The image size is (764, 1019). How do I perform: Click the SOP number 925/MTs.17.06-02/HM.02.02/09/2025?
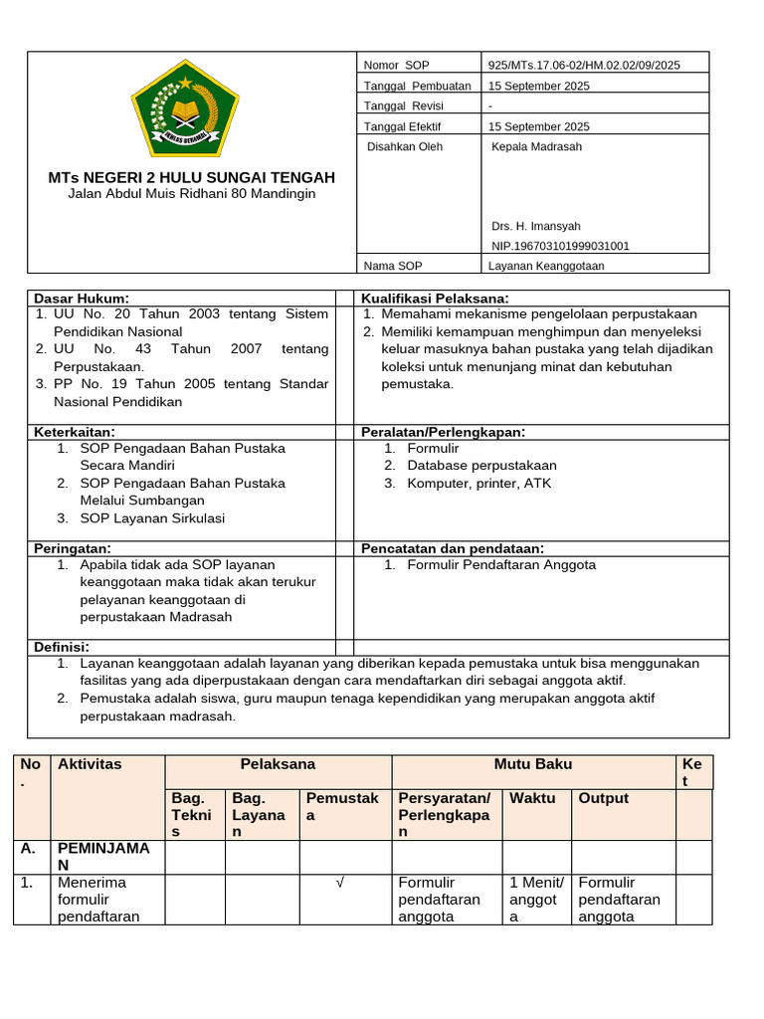(584, 65)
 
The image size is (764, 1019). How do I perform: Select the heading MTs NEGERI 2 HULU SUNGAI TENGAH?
(192, 177)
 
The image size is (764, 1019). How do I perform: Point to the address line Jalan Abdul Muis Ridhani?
(192, 194)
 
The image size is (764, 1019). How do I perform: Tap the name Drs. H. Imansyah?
(536, 226)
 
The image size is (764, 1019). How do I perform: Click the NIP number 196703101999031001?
(560, 246)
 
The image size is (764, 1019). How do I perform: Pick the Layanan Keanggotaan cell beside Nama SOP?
(546, 266)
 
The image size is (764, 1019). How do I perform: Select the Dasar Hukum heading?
(82, 298)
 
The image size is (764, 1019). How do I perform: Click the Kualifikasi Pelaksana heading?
(435, 298)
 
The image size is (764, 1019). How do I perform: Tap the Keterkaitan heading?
(75, 431)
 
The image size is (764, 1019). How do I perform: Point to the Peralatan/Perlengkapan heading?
(443, 431)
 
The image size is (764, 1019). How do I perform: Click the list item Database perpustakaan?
(481, 466)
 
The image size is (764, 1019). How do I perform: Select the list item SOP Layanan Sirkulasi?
(152, 518)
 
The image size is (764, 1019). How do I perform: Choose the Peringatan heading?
(73, 548)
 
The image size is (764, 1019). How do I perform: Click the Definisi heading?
(62, 647)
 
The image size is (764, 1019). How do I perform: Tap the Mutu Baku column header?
(533, 764)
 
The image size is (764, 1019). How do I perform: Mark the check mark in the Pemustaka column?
(341, 883)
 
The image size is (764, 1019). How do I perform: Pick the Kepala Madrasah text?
(536, 146)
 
